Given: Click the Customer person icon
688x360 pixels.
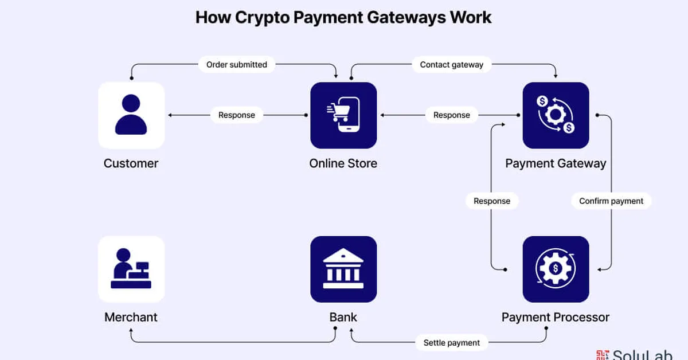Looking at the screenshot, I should click(131, 115).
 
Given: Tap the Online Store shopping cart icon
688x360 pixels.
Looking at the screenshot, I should click(343, 115).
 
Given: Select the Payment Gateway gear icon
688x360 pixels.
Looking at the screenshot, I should click(556, 115).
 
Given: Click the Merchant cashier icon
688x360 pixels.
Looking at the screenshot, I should click(131, 269).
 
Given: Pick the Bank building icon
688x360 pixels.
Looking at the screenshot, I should click(343, 269).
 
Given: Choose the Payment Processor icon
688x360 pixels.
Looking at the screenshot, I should click(556, 269).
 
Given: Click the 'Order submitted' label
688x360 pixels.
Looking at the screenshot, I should click(237, 65).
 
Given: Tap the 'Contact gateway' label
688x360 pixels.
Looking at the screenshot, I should click(452, 65).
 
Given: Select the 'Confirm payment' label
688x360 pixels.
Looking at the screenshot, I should click(611, 201).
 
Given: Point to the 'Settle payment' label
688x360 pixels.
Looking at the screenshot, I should click(452, 343).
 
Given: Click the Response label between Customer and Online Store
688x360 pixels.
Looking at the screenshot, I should click(237, 115).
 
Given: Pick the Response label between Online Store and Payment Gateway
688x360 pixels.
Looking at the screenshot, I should click(452, 115).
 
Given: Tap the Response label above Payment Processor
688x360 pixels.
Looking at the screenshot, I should click(492, 201).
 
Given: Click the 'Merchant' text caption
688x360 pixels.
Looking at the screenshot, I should click(131, 317).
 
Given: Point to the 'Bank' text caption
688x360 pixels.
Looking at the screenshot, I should click(343, 317).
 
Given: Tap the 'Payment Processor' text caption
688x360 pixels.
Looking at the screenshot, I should click(556, 317).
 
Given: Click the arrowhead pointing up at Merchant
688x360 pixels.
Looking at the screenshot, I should click(131, 331).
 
